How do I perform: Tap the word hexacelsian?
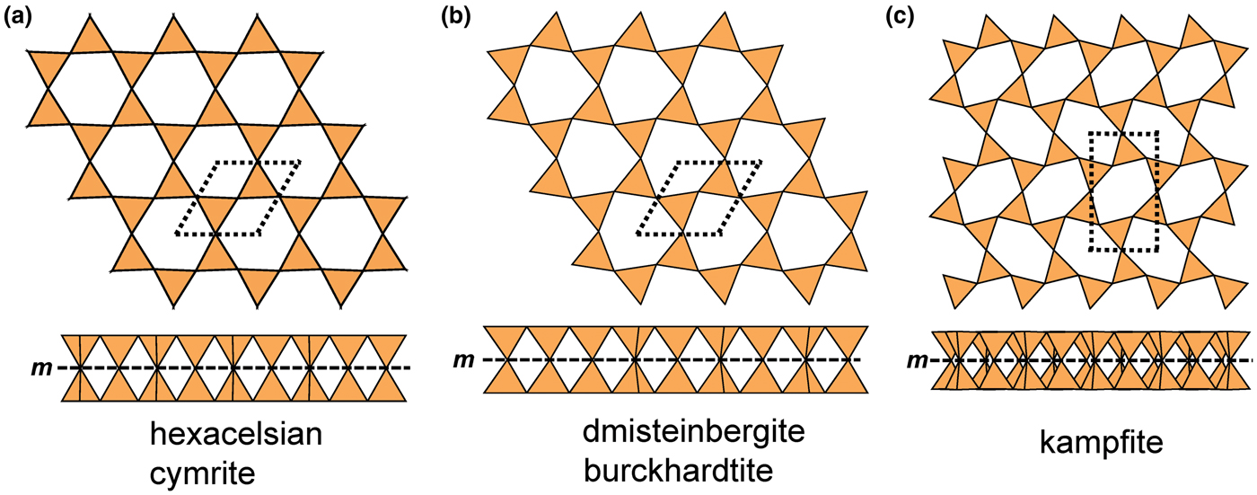coord(235,435)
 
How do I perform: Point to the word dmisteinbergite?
coord(693,432)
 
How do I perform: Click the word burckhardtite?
coord(679,471)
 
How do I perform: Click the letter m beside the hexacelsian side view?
coord(41,368)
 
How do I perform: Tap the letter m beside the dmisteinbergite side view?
coord(463,359)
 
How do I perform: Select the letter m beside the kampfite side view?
coord(917,360)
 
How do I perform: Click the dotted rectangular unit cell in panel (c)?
coord(1123,191)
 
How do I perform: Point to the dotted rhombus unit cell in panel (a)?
coord(238,199)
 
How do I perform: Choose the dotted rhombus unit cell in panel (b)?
coord(699,199)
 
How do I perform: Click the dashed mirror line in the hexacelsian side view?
coord(234,368)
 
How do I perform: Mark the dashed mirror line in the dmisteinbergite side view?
coord(672,359)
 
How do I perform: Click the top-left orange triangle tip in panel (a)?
coord(89,15)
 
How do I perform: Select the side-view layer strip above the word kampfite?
coord(1091,360)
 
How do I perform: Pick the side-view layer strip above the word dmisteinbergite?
coord(675,359)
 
